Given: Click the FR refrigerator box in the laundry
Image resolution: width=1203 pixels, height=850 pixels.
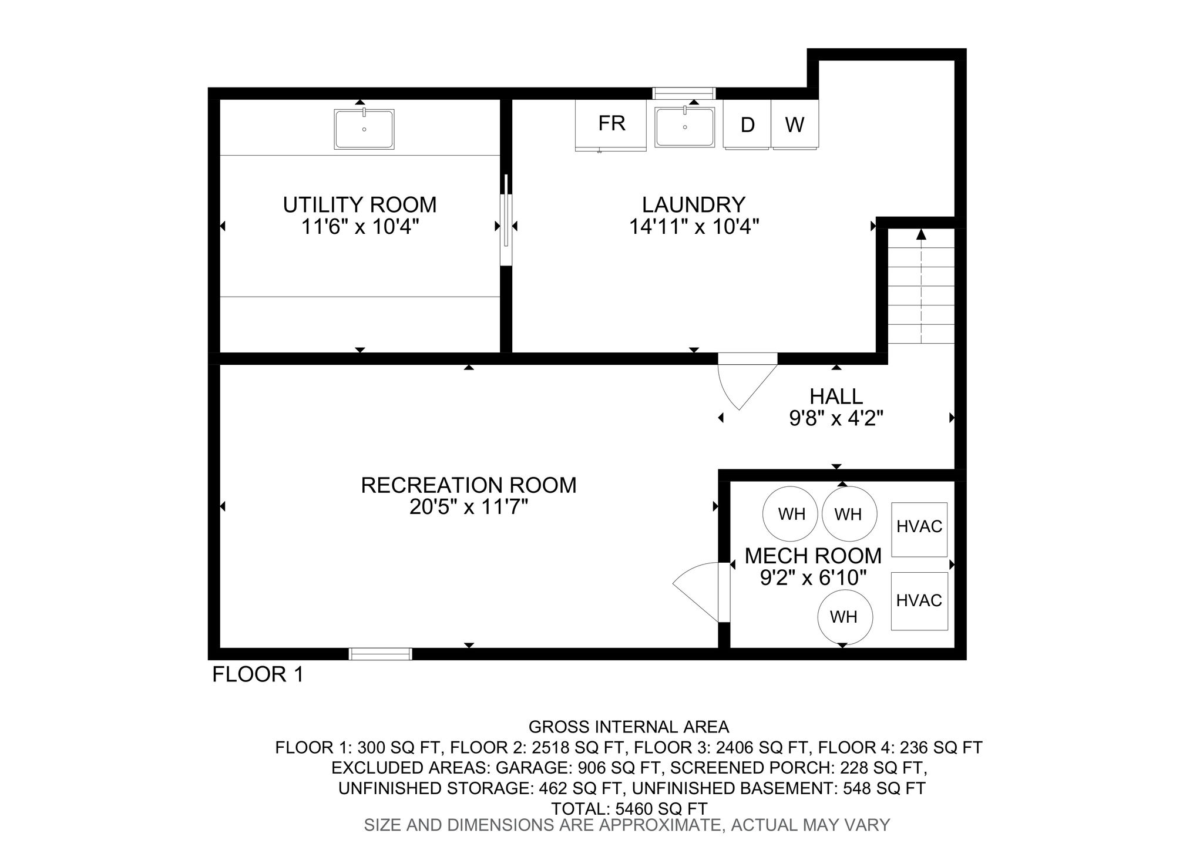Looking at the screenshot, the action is [611, 125].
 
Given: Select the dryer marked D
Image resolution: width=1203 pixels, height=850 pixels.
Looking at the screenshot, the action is [747, 125].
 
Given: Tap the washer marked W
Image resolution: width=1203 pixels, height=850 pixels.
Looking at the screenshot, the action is [795, 125].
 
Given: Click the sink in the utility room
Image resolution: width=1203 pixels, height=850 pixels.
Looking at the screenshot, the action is [364, 129].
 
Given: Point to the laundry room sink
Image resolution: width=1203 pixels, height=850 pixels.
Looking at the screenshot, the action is [685, 126].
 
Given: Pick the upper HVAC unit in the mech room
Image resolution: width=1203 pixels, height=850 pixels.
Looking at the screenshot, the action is [919, 529].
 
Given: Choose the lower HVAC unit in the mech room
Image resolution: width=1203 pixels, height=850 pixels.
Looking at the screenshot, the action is [919, 601].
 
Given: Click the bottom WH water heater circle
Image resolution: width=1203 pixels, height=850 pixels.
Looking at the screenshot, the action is [845, 617].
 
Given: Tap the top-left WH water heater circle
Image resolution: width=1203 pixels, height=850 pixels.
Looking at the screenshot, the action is [791, 514].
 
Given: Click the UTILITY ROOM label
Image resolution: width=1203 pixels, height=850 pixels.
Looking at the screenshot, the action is [359, 205].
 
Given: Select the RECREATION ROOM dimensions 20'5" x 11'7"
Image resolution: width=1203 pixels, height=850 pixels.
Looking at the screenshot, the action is [469, 507].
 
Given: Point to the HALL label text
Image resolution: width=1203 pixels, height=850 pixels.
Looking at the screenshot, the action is [836, 397].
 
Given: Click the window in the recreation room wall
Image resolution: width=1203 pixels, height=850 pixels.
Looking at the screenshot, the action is [381, 654].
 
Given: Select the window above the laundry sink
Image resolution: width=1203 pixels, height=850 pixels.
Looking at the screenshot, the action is [684, 93].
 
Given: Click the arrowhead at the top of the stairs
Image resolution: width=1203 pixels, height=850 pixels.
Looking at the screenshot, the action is [921, 234].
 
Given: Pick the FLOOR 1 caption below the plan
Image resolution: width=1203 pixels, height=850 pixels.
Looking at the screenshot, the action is [258, 674].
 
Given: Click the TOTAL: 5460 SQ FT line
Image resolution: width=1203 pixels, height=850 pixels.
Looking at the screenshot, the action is [629, 809].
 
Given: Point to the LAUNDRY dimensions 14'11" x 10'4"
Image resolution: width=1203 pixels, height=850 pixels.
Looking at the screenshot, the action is [694, 227].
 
